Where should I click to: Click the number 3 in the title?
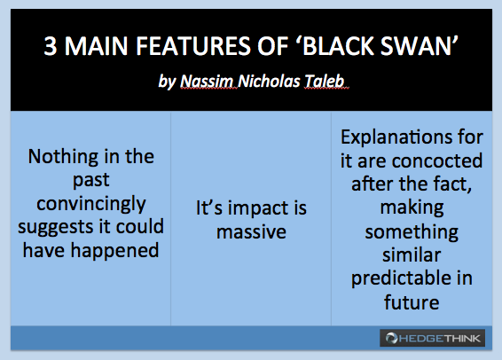point(51,46)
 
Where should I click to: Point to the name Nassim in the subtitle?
point(207,81)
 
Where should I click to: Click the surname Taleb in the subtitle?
point(325,81)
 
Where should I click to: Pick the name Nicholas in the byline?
point(269,81)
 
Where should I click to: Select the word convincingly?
point(91,205)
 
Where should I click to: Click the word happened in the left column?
point(114,251)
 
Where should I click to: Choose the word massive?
point(251,232)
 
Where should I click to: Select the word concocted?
point(437,160)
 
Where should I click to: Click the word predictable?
point(402,279)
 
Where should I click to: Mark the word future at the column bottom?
point(412,302)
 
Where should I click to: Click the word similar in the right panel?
point(412,255)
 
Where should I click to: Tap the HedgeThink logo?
point(432,338)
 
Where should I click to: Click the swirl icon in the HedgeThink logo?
point(391,338)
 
